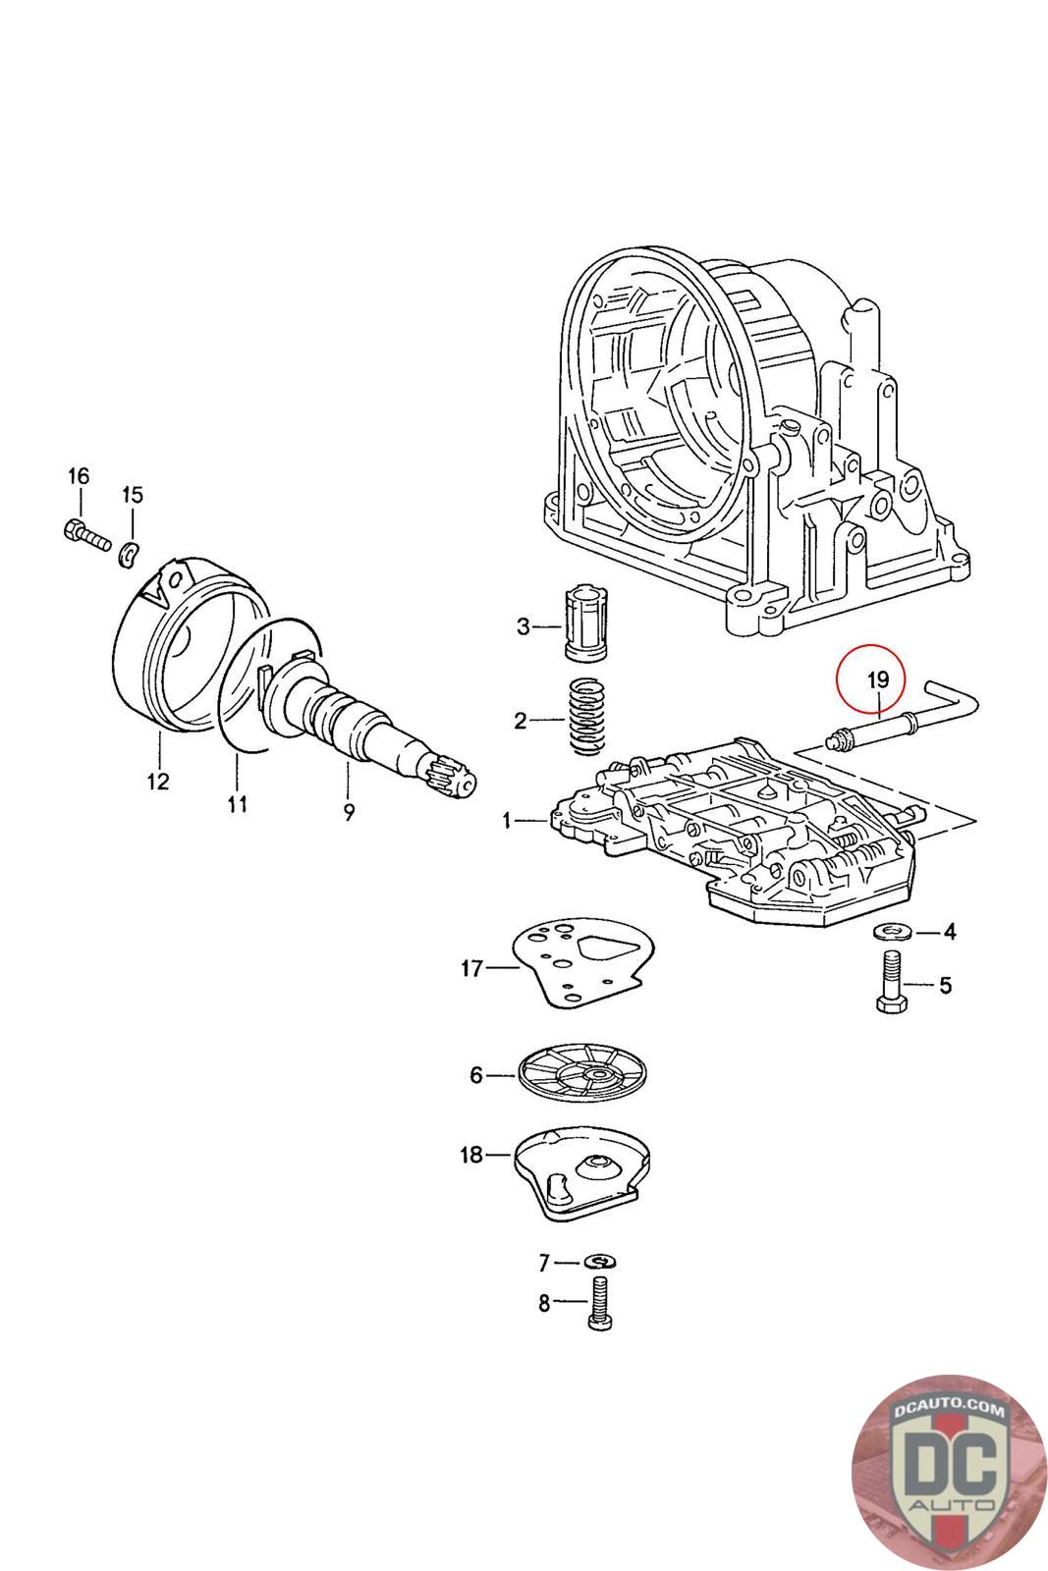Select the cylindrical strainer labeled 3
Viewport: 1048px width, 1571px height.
[590, 624]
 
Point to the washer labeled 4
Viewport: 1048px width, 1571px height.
[890, 931]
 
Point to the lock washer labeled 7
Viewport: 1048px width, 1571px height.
[598, 1262]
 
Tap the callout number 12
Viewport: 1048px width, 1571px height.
[157, 782]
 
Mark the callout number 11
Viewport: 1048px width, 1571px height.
[237, 804]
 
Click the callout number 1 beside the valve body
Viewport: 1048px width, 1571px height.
[508, 819]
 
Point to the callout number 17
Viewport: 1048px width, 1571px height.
[471, 969]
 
